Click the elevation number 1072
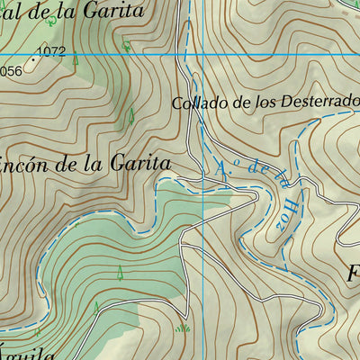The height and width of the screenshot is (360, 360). pos(53,52)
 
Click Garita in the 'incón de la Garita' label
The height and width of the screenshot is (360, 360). pos(139,164)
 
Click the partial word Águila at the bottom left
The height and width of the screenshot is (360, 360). pos(27,354)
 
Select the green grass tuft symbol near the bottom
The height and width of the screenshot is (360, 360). pos(184,328)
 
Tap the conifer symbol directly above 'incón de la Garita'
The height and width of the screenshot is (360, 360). pos(131,115)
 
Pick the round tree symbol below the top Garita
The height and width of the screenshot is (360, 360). pos(126,44)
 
